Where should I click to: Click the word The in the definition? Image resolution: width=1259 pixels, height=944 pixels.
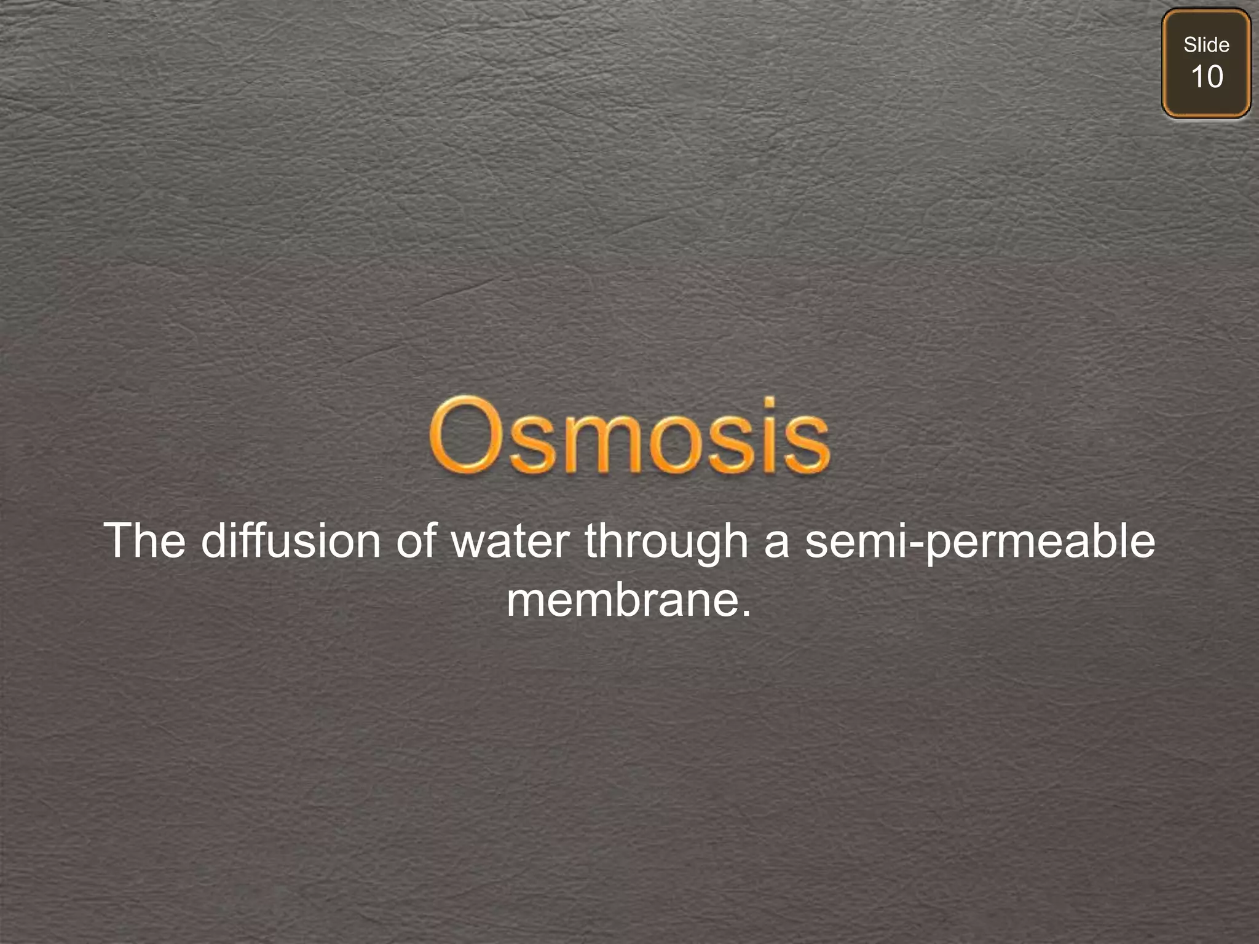pos(144,541)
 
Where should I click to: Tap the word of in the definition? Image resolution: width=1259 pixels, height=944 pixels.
pos(416,541)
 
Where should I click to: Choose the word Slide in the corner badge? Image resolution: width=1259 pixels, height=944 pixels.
pos(1206,45)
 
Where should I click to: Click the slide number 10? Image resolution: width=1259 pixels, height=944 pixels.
pos(1206,77)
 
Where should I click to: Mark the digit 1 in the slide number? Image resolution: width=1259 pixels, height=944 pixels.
pos(1197,77)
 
